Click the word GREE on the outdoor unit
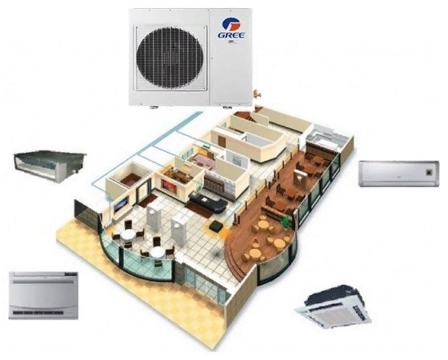click(231, 35)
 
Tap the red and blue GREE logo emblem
click(230, 24)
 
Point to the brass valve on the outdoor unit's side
click(256, 94)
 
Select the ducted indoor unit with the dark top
click(50, 166)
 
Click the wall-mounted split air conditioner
click(399, 174)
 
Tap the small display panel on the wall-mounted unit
click(430, 172)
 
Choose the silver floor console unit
click(43, 295)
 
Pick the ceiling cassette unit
click(333, 306)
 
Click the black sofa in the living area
click(209, 202)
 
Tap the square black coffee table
click(216, 225)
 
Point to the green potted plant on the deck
click(286, 222)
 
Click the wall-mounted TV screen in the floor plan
click(121, 203)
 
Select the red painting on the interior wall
click(169, 186)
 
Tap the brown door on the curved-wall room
click(222, 142)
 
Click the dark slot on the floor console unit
click(36, 313)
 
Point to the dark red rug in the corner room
click(130, 179)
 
